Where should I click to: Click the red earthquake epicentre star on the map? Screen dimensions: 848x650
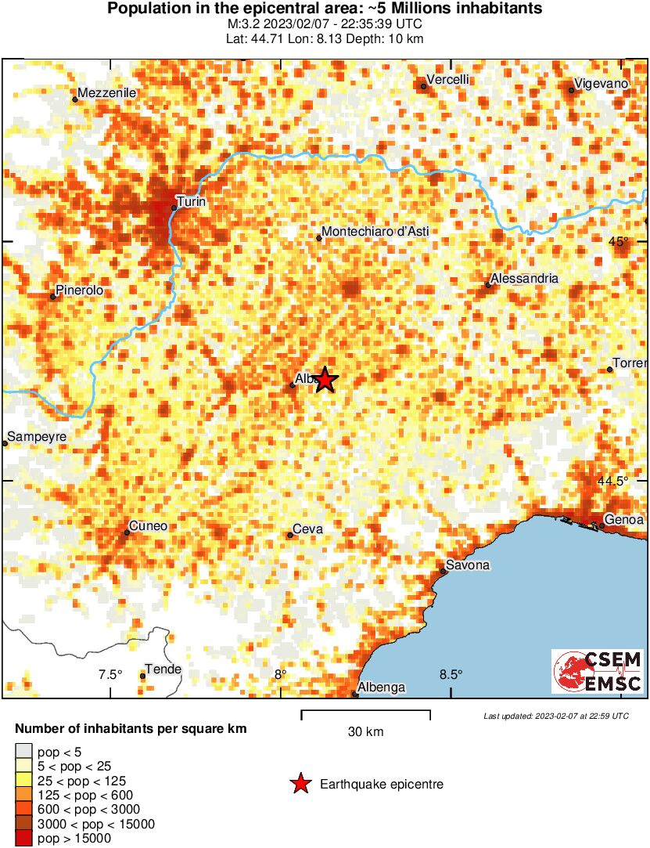(325, 381)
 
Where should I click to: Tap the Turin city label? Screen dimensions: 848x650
(192, 201)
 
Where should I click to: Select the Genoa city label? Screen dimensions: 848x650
(623, 520)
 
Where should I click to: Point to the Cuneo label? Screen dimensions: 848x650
(148, 526)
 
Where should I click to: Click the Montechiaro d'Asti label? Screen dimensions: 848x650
(376, 231)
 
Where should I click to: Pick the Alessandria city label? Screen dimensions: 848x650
(524, 278)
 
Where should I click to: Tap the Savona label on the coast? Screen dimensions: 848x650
(468, 565)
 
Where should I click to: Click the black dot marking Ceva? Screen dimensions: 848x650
(290, 535)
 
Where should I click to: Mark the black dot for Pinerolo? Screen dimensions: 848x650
(53, 297)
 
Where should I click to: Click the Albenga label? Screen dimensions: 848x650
(382, 687)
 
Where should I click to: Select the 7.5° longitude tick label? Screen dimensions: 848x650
(111, 675)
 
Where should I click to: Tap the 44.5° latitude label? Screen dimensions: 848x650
(612, 481)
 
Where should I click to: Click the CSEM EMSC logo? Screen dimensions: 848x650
(598, 672)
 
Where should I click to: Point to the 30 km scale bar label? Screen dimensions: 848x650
(365, 732)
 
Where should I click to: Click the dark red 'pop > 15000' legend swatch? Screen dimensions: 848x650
(23, 838)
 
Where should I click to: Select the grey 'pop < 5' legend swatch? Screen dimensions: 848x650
(23, 752)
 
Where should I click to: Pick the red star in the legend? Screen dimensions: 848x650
(300, 784)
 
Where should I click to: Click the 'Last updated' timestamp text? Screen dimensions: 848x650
(556, 716)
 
